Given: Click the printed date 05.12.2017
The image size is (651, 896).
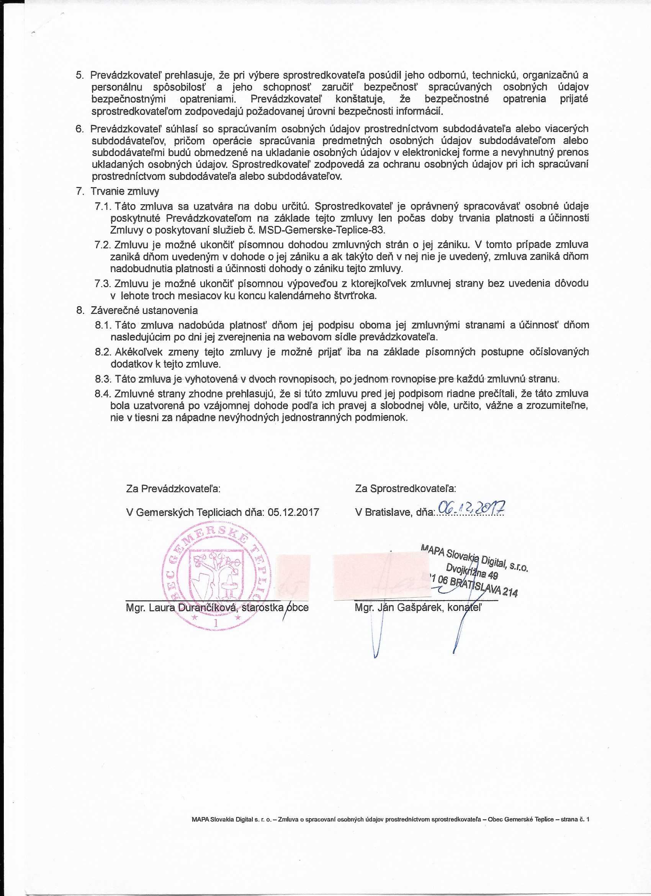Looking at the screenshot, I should [x=293, y=512].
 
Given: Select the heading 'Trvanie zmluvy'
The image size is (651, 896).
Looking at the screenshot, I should [x=125, y=192].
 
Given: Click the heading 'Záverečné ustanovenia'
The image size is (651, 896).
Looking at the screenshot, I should [x=144, y=310].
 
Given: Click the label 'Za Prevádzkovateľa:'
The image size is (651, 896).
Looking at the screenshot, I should [x=173, y=489].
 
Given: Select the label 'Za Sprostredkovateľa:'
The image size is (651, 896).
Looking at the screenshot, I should [x=406, y=489].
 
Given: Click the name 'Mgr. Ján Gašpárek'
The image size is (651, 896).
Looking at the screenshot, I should [x=398, y=607].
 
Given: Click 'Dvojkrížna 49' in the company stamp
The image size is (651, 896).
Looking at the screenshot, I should [x=472, y=571].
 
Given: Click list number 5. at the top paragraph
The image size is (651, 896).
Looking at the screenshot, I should [x=80, y=75].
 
